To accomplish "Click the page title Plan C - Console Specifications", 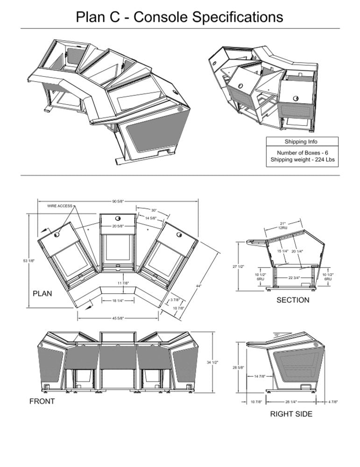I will [180, 17].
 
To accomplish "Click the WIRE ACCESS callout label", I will [60, 206].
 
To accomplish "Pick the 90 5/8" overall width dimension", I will [118, 201].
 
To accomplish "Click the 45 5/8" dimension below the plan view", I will [118, 318].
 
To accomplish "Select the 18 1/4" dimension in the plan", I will [118, 301].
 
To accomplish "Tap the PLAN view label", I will [42, 294].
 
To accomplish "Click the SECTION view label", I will [293, 300].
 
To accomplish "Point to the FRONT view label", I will [42, 401].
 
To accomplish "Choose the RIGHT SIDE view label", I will [291, 414].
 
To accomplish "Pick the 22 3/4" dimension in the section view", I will [294, 277].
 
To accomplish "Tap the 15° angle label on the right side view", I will [276, 335].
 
